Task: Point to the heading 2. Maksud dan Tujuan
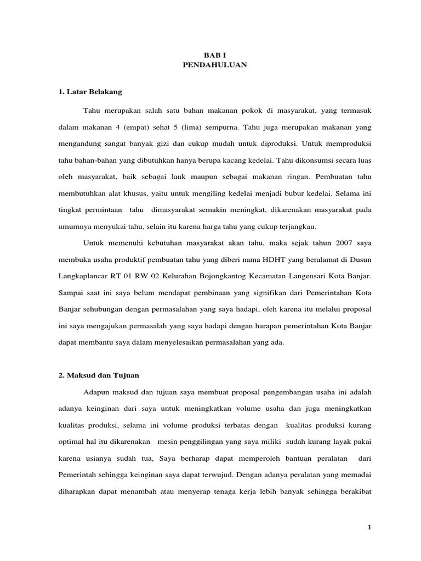click(99, 375)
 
